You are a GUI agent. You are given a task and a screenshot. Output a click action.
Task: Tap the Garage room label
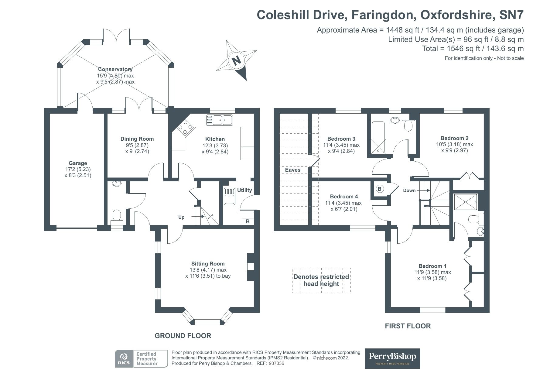pyautogui.click(x=78, y=163)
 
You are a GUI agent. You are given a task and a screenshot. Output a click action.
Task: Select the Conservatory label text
pyautogui.click(x=115, y=69)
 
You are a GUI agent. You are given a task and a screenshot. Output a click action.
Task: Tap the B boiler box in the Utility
pyautogui.click(x=248, y=221)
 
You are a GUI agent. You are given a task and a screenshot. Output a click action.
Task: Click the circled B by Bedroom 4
pyautogui.click(x=379, y=189)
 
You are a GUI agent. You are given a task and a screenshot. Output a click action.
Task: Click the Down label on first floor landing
pyautogui.click(x=409, y=190)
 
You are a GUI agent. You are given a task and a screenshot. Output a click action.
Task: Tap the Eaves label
pyautogui.click(x=293, y=170)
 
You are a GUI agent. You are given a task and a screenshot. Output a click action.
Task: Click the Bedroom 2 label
pyautogui.click(x=453, y=138)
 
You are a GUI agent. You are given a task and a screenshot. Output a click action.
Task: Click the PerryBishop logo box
pyautogui.click(x=392, y=358)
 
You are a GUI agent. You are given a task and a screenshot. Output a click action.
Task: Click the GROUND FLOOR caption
pyautogui.click(x=183, y=336)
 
